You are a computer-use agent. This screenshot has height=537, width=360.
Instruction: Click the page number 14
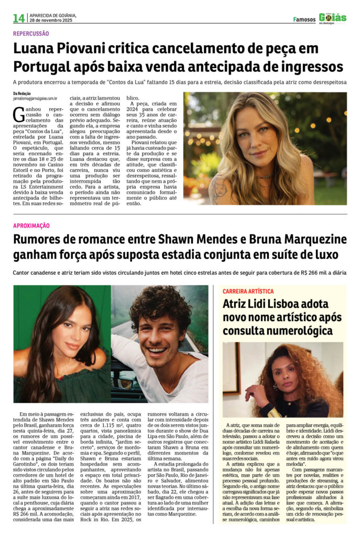tap(19, 18)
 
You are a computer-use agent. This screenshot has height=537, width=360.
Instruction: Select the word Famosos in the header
tap(304, 20)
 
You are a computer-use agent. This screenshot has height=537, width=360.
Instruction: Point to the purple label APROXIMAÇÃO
tap(31, 225)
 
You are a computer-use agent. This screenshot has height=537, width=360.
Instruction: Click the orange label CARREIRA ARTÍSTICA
tap(248, 291)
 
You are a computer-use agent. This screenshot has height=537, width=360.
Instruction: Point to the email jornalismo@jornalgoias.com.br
tap(35, 98)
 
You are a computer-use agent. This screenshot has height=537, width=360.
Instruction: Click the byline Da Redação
tap(23, 93)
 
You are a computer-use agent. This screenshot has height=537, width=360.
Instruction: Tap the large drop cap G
tap(19, 112)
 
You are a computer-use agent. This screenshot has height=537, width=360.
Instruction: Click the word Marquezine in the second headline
tap(309, 240)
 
